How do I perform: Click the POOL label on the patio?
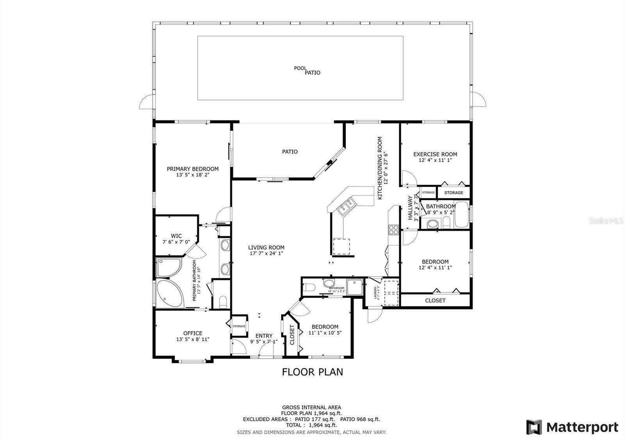coord(300,68)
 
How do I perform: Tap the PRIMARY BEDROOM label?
coord(193,169)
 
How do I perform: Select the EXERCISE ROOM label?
coord(435,154)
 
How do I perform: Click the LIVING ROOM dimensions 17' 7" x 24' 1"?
coord(266,253)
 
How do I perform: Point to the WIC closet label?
coord(176,236)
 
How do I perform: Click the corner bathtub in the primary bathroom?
coord(169,293)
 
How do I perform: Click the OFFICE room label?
coord(193,333)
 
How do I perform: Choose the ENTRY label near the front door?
coord(264,336)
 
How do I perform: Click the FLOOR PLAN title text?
coord(312,372)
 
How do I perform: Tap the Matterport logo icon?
coord(534,427)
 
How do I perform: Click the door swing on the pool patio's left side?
coord(146,102)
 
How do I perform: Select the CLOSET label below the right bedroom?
coord(435,301)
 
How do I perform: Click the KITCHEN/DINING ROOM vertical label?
coord(380,168)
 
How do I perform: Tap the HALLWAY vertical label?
coord(410,208)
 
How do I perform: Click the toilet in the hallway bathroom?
coord(432,224)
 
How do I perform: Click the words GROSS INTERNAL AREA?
coord(311,407)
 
